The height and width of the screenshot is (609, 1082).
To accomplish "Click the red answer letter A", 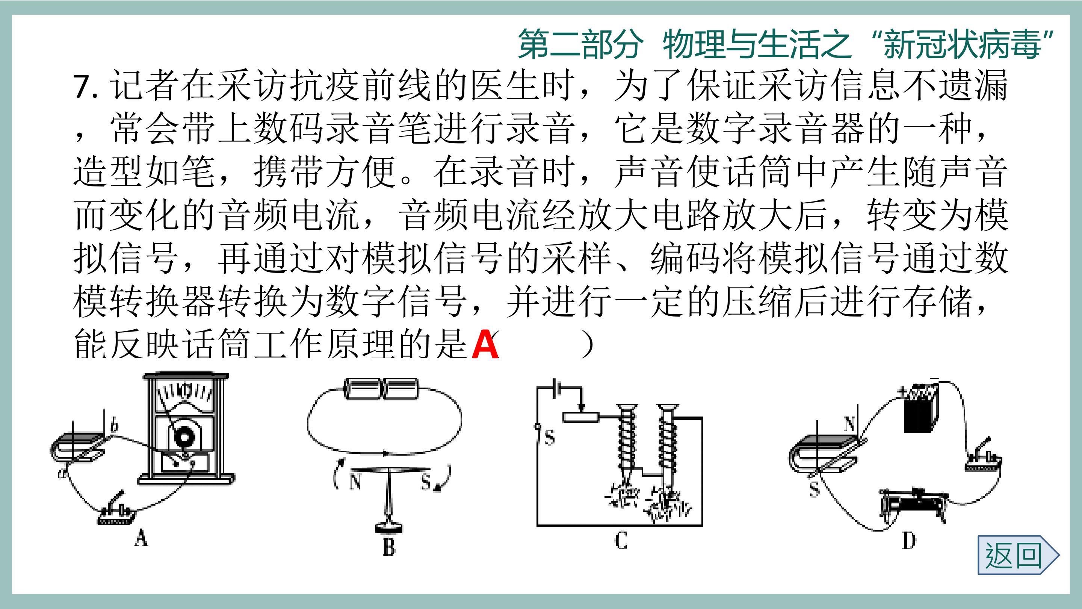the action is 485,344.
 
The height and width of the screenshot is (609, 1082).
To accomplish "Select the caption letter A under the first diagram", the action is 141,538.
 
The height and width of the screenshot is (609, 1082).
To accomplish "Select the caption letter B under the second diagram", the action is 389,547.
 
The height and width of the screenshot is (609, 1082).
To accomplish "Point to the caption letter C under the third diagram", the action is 621,540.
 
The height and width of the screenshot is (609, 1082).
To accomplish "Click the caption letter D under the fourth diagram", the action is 908,541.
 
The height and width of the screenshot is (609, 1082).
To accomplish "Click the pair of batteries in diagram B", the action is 381,389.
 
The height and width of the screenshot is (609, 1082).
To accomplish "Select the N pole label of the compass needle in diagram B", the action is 355,482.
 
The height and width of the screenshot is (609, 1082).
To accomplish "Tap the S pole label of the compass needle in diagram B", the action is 426,482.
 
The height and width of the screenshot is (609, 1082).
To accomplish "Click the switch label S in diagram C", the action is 549,438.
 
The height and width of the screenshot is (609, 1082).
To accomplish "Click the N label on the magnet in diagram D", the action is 849,424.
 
